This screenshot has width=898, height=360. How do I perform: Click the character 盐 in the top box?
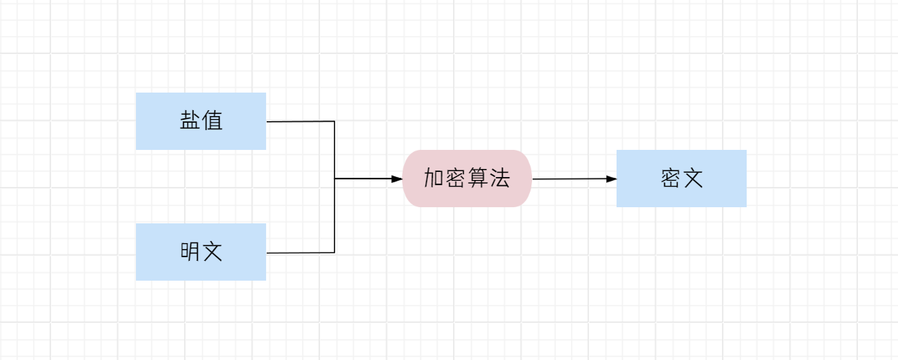coord(190,120)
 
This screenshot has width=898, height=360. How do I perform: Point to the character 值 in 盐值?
coord(212,120)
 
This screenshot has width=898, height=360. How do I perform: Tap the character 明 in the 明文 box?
coord(190,252)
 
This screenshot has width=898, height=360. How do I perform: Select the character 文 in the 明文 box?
coord(212,252)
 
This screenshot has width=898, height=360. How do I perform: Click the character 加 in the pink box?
coord(434,178)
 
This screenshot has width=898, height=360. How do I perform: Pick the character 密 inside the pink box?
coord(456,178)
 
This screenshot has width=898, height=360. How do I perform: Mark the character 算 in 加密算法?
coord(478,178)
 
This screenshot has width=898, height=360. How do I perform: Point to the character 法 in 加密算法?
coord(500,178)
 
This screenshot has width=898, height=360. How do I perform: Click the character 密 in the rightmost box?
coord(670,179)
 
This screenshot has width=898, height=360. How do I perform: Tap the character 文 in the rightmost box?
coord(692,179)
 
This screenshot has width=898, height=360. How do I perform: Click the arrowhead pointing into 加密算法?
coord(398,179)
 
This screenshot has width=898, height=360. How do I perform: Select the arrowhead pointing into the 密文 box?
coord(611,179)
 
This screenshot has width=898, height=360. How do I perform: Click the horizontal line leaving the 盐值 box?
coord(300,121)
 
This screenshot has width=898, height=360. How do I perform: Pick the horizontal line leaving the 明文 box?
coord(300,253)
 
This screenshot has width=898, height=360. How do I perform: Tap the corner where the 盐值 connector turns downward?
coord(334,121)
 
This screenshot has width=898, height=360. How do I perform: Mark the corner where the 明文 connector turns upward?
coord(334,253)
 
